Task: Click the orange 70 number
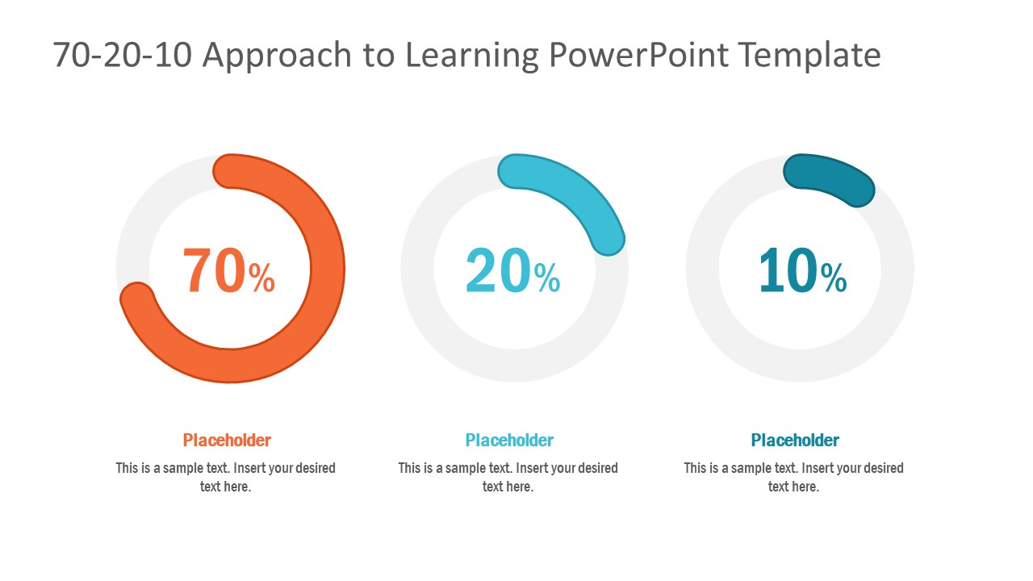point(215,271)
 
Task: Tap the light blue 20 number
point(498,271)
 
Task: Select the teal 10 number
point(788,271)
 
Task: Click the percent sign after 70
point(261,278)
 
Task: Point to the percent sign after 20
point(546,278)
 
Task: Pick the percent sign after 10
point(834,278)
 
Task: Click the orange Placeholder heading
point(227,441)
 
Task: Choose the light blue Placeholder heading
point(509,441)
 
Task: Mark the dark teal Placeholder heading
point(795,441)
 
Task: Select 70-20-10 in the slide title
point(121,56)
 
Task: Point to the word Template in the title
point(809,56)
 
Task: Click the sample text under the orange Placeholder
point(226,477)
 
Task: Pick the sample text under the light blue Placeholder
point(508,477)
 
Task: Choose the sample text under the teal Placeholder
point(794,477)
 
